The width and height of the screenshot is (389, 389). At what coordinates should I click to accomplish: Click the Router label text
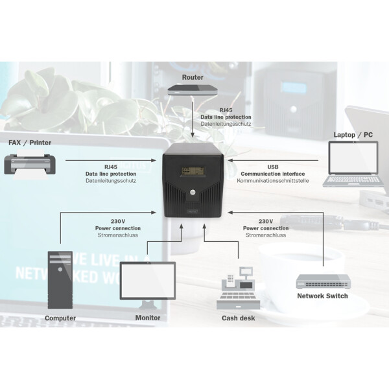pos(193,77)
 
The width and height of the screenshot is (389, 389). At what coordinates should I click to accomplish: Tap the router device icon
pos(193,90)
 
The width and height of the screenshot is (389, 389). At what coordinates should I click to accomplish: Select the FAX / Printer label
pos(30,143)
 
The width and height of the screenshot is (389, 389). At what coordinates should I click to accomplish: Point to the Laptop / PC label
pos(353,135)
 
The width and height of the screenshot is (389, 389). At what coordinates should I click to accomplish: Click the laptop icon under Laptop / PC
pos(353,164)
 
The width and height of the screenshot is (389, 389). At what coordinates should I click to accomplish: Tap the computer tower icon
pos(60,280)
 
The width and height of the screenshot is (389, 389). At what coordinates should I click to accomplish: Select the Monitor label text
pos(148,318)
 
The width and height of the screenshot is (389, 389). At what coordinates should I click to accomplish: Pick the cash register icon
pos(238,289)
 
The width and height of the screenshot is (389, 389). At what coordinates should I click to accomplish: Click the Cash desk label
pos(238,318)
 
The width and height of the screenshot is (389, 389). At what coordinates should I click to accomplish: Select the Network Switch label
pos(322,296)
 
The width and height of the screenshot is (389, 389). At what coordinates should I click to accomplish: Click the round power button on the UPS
pos(193,193)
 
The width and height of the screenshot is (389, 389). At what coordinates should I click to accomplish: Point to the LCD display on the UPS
pos(193,171)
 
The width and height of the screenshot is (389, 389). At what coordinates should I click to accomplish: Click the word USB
pos(273,167)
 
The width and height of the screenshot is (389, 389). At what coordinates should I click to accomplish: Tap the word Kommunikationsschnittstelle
pos(273,181)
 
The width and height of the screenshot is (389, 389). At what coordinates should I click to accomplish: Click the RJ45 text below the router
pos(226,110)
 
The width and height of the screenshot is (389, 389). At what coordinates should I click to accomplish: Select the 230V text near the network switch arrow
pos(266,221)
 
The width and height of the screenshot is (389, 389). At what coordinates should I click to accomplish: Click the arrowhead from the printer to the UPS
pos(154,161)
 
